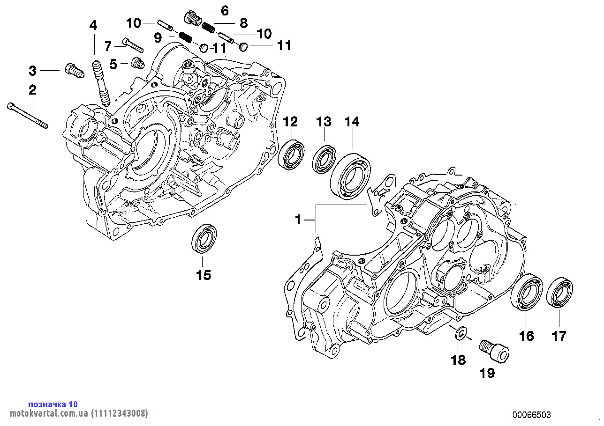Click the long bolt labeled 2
click(x=28, y=115)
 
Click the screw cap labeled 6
click(x=192, y=18)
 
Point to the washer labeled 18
click(x=461, y=333)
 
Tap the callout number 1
click(x=298, y=219)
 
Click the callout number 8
click(x=243, y=22)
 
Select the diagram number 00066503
click(x=532, y=415)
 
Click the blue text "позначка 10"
click(x=53, y=404)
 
